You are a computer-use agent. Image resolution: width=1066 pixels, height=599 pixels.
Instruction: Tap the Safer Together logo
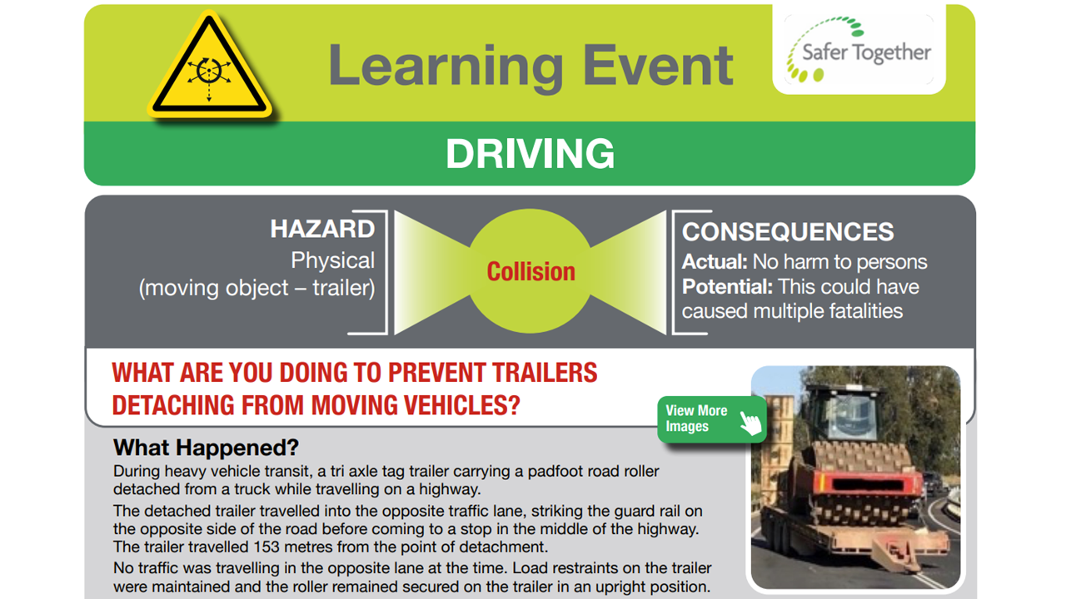click(x=859, y=52)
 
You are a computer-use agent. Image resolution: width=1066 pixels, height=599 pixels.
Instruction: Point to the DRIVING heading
click(x=530, y=154)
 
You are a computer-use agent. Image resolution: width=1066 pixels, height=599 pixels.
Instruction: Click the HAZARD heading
click(x=322, y=230)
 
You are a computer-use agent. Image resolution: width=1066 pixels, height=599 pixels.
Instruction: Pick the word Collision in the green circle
click(x=531, y=272)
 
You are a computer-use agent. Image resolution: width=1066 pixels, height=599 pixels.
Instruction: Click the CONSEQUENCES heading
click(x=788, y=231)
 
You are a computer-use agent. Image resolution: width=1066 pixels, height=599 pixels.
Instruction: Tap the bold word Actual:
click(x=715, y=262)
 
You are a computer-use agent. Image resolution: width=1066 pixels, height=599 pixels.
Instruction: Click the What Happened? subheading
click(x=206, y=448)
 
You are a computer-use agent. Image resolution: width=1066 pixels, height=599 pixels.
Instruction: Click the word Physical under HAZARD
click(x=332, y=260)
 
